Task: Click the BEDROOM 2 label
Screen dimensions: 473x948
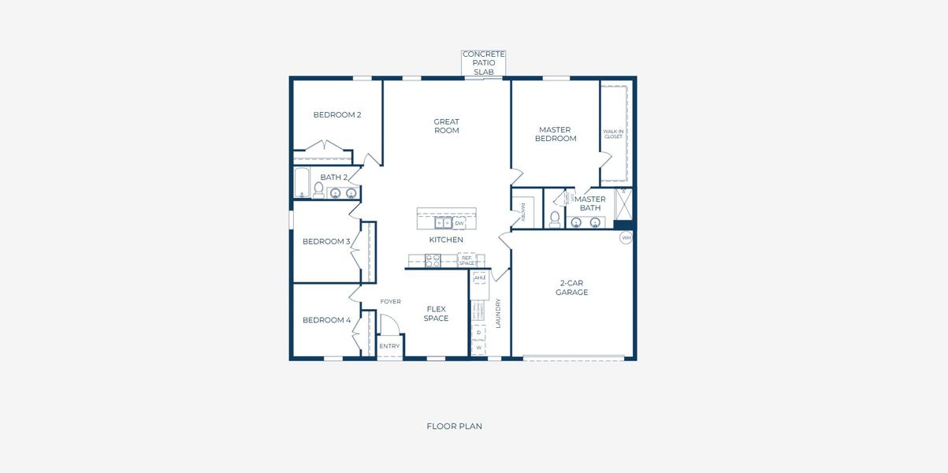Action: [336, 115]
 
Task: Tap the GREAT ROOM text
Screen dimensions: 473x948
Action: [446, 126]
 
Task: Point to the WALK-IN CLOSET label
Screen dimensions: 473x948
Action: [613, 135]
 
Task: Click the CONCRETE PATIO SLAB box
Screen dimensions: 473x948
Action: [483, 63]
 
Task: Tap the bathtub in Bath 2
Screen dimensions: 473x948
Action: [302, 184]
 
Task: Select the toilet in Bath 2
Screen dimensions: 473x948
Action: [318, 190]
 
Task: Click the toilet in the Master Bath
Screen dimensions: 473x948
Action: [555, 218]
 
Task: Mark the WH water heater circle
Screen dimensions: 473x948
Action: [626, 237]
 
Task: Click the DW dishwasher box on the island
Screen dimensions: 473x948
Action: [459, 223]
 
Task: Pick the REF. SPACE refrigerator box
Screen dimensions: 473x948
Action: [467, 259]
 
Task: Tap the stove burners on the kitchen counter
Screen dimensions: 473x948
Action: [432, 260]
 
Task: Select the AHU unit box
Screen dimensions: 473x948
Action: [479, 278]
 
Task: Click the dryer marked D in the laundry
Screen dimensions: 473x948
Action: [478, 333]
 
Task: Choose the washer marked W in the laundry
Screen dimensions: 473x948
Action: [478, 347]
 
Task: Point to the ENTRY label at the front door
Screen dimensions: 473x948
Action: [389, 346]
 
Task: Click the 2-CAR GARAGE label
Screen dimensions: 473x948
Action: [572, 288]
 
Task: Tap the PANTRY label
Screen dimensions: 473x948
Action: [522, 212]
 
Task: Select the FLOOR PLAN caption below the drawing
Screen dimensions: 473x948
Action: [454, 426]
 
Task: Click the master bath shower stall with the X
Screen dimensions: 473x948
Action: [623, 203]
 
